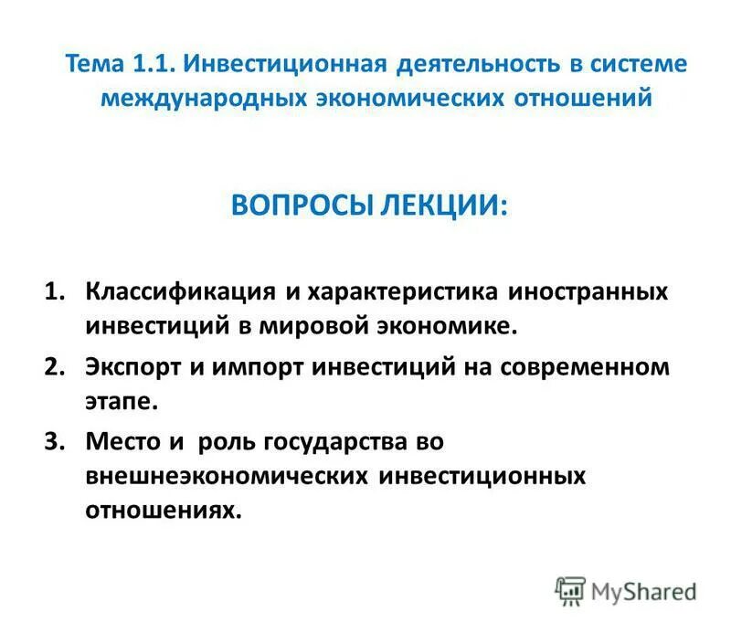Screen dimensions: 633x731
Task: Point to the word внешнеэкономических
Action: point(228,476)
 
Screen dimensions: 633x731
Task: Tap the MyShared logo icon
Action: point(570,591)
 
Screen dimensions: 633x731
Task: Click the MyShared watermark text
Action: point(643,591)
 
